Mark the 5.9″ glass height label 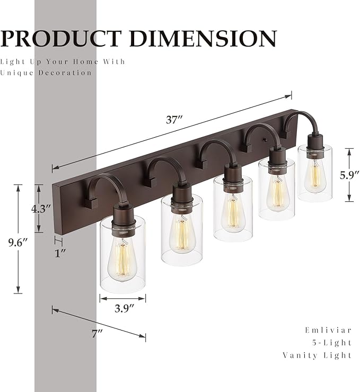pos(349,174)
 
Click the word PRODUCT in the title pos(62,38)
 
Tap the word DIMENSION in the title pos(203,38)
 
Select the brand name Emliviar pos(329,329)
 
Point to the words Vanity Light pos(318,355)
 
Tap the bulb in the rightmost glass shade pos(315,173)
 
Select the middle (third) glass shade pos(233,208)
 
